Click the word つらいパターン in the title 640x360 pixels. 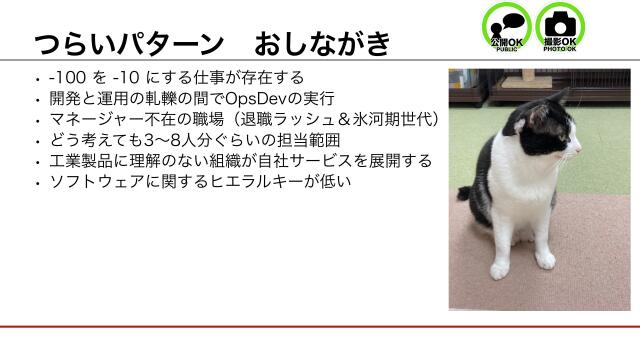pyautogui.click(x=127, y=45)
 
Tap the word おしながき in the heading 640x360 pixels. pyautogui.click(x=320, y=45)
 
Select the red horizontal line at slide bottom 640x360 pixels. pyautogui.click(x=320, y=327)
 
